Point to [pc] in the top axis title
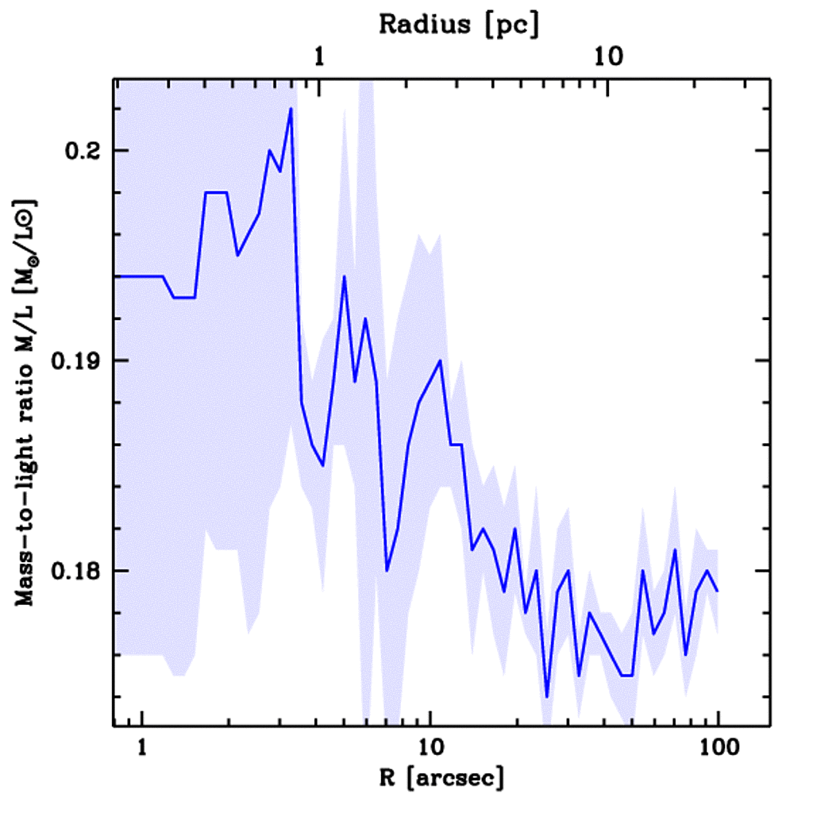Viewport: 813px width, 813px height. click(511, 25)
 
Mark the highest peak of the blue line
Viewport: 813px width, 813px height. click(291, 108)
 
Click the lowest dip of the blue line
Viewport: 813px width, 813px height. click(547, 696)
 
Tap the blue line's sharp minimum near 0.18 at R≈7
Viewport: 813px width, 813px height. click(387, 570)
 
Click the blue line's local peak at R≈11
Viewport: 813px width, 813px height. click(439, 360)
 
